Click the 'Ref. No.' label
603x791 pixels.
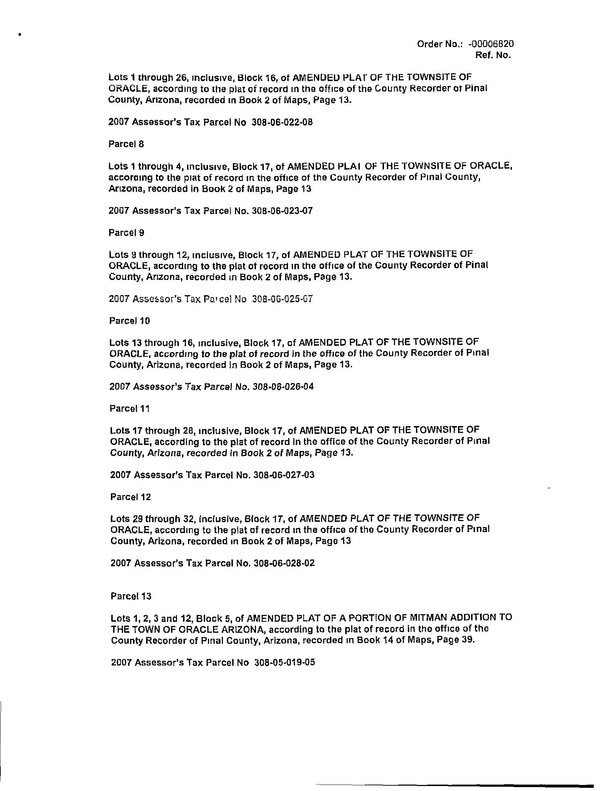coord(492,55)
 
